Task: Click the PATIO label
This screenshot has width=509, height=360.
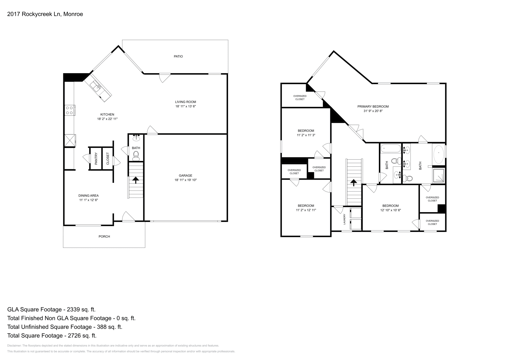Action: click(x=178, y=56)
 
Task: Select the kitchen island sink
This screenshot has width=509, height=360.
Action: click(x=95, y=85)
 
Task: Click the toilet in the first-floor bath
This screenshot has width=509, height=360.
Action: click(x=136, y=155)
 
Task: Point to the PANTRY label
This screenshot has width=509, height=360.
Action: click(x=96, y=158)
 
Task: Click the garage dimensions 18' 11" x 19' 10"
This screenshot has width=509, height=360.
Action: click(x=185, y=180)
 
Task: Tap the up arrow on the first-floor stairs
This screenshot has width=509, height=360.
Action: click(x=136, y=180)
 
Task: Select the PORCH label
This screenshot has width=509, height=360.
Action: click(x=104, y=237)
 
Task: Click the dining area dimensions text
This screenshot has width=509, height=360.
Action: click(x=89, y=200)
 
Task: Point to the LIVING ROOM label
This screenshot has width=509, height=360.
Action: click(x=185, y=102)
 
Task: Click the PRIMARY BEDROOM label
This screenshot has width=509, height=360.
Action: click(x=373, y=107)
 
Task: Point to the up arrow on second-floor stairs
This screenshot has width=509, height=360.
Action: click(x=353, y=183)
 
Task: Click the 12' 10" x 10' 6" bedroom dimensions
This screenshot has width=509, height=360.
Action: click(x=390, y=210)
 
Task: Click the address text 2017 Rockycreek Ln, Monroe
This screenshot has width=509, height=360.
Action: click(x=45, y=14)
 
